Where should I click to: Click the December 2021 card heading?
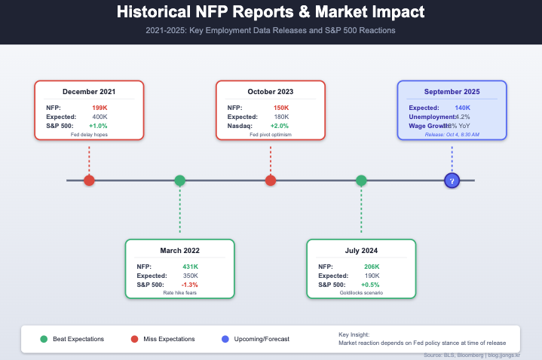click(x=89, y=92)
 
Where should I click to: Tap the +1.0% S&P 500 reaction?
click(x=98, y=125)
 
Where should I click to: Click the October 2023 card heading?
click(x=271, y=92)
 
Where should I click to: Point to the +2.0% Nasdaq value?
click(x=280, y=125)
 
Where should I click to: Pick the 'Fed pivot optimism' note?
click(x=271, y=135)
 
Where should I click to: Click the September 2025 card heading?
click(x=452, y=92)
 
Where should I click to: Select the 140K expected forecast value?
click(x=462, y=108)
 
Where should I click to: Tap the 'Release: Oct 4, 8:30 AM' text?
click(x=452, y=134)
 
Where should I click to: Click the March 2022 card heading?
click(x=179, y=250)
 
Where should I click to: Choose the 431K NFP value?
click(x=190, y=267)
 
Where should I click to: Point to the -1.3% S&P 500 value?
click(x=190, y=284)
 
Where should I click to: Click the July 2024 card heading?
click(x=361, y=250)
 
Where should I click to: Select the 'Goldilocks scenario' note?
click(x=361, y=293)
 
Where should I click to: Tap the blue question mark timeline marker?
click(x=452, y=181)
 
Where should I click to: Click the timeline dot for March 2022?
click(x=179, y=181)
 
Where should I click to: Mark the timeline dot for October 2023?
click(x=271, y=181)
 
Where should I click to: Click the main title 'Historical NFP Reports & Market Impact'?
click(x=271, y=13)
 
